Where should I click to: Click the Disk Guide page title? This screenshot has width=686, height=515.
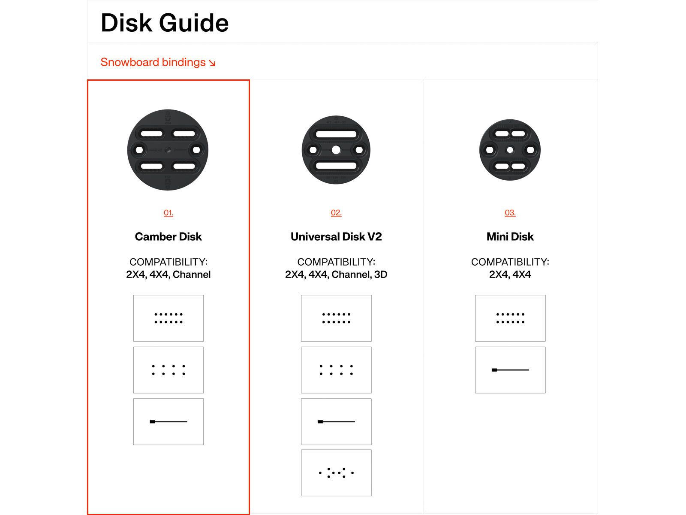(165, 23)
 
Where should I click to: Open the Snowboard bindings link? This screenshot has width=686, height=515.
(158, 62)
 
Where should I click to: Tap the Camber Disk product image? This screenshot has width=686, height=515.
(168, 150)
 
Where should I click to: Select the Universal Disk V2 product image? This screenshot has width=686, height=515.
(336, 150)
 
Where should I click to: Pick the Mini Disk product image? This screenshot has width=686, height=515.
(510, 150)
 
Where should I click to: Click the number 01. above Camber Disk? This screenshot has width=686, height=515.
(168, 213)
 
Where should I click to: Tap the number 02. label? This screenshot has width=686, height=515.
(336, 213)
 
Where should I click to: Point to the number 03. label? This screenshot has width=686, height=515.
(510, 213)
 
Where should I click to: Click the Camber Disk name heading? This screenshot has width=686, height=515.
(168, 237)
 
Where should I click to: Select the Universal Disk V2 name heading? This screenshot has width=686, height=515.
(336, 237)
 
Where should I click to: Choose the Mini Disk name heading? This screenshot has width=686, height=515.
(510, 237)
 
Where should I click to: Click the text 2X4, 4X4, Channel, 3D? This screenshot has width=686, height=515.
(336, 275)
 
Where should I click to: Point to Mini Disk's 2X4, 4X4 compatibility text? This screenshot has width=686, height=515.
(510, 275)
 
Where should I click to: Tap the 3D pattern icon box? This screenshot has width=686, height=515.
(336, 473)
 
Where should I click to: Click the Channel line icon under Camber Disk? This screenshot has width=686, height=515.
(168, 422)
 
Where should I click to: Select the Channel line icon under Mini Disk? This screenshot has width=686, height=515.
(510, 370)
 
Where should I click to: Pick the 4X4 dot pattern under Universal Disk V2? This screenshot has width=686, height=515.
(336, 370)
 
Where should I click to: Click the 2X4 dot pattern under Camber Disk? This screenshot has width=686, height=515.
(168, 318)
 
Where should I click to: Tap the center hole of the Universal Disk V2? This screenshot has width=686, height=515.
(336, 150)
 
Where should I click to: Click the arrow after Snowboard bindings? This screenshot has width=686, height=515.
(212, 64)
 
